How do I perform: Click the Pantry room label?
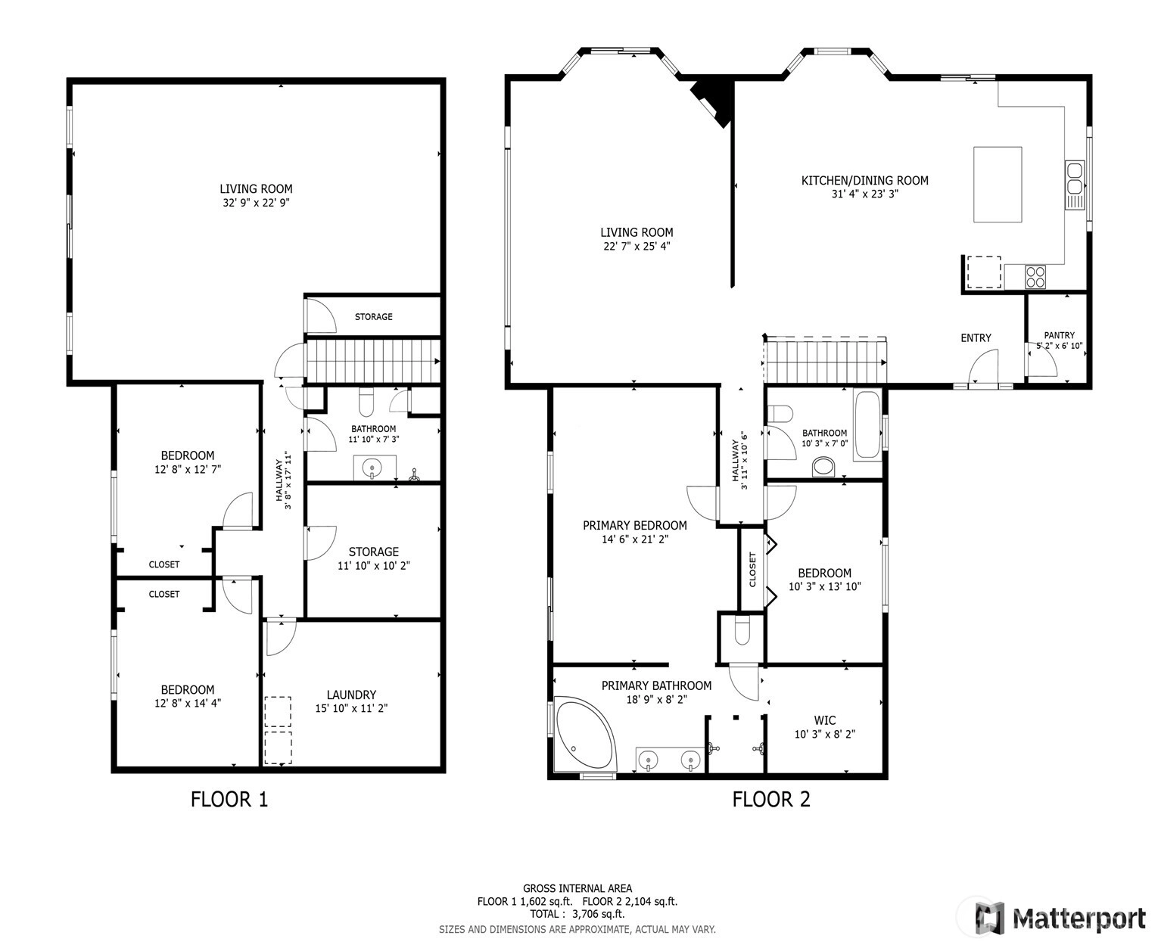coord(1059,335)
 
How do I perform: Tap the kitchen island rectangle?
coord(997,185)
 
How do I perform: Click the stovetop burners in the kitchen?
coord(1035,277)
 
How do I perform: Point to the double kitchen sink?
coord(1074,185)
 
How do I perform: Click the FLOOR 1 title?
coord(229,799)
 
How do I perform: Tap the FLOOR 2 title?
coord(771,799)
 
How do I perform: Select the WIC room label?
coord(825,720)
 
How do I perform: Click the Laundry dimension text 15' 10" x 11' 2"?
coord(351,708)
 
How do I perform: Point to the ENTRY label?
coord(976,338)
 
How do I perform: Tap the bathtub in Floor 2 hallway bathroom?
coord(867,424)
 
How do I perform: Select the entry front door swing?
coord(983,367)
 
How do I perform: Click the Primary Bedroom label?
coord(635,525)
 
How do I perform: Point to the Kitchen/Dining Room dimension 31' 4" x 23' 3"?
coord(865,194)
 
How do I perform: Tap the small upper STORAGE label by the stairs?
coord(373,317)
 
